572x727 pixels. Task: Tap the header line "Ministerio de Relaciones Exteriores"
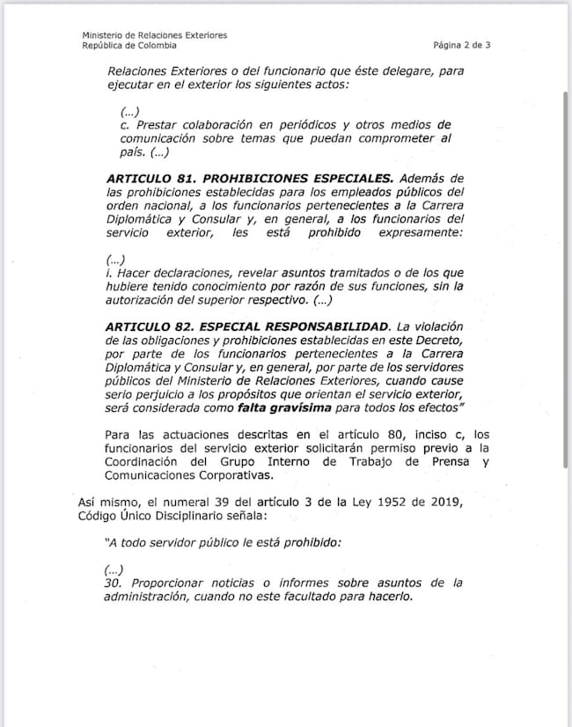pyautogui.click(x=154, y=35)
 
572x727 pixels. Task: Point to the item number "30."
pyautogui.click(x=114, y=583)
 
